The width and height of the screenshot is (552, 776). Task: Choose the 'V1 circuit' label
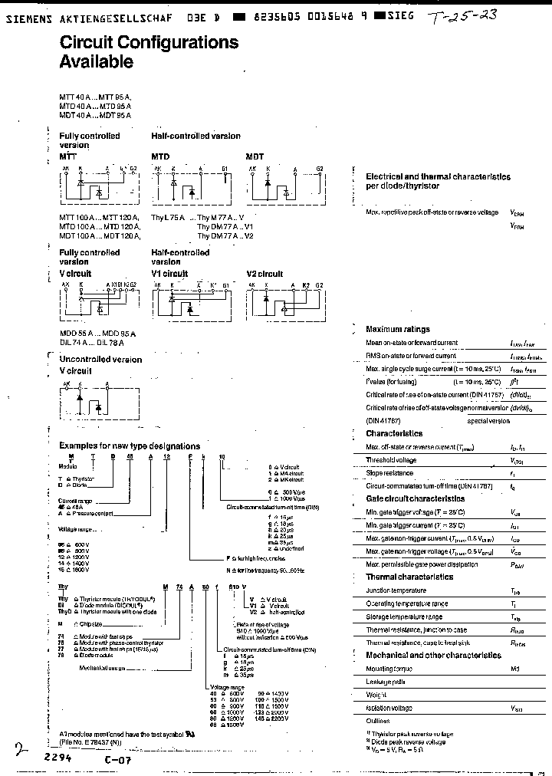tap(169, 274)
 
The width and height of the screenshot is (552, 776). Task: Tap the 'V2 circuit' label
tap(264, 274)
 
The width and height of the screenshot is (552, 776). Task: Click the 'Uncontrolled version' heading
tap(100, 360)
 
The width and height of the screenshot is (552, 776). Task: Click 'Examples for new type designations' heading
tap(130, 446)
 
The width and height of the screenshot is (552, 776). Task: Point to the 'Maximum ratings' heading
tap(398, 329)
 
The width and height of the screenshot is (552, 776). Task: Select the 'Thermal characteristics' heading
tap(409, 577)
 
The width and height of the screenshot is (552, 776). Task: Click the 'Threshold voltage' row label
tap(391, 460)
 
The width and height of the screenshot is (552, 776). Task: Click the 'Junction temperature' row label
tap(396, 590)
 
